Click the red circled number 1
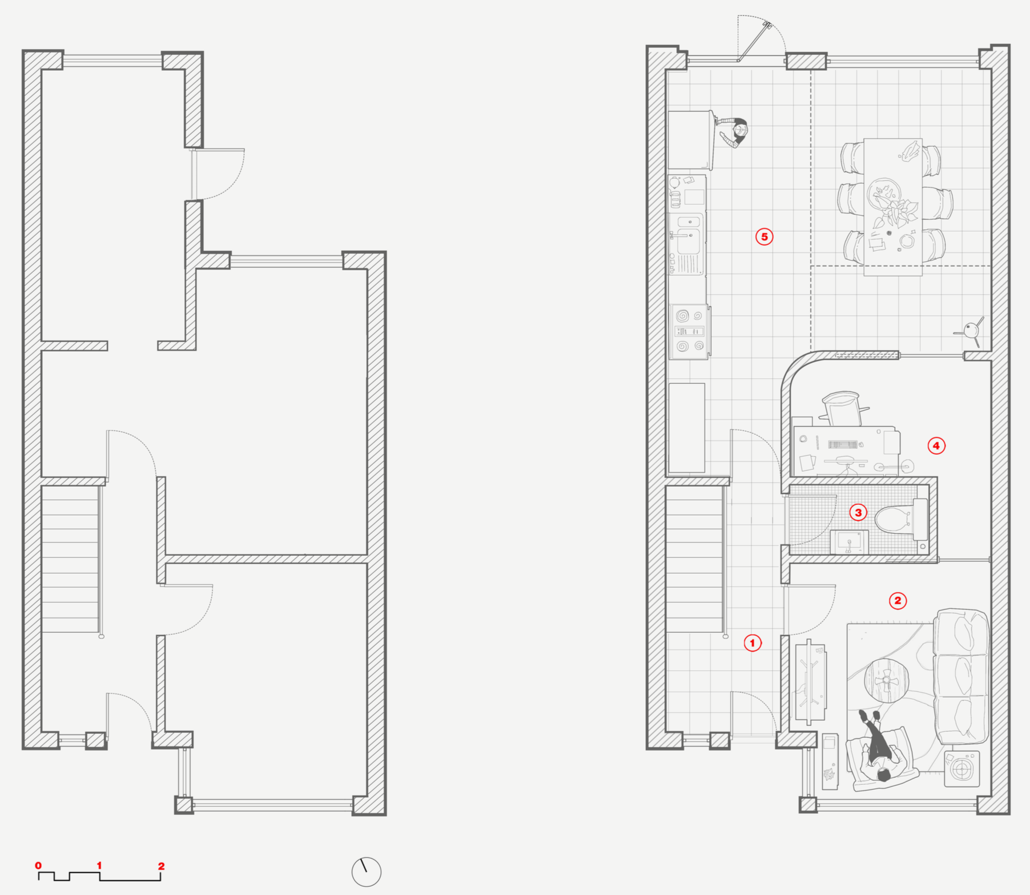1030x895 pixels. [x=752, y=643]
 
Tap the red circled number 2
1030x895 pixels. [x=898, y=600]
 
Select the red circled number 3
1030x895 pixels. [x=858, y=512]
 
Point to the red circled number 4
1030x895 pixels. [x=936, y=446]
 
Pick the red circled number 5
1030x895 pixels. [x=764, y=236]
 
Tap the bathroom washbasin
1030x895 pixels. [x=849, y=541]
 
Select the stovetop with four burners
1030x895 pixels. [x=689, y=331]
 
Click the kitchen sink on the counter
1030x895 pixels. [x=689, y=234]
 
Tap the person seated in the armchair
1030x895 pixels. [x=879, y=753]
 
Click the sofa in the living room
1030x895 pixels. [x=962, y=676]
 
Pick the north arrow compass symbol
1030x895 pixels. [x=366, y=872]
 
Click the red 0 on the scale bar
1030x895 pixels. [x=38, y=865]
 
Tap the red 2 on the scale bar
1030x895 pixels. [x=161, y=866]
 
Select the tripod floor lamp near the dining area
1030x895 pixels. [x=971, y=331]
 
